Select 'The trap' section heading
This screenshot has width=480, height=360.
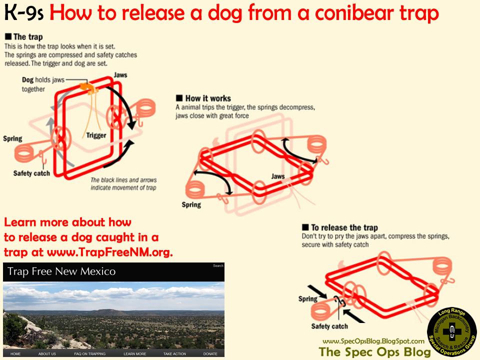click(x=27, y=37)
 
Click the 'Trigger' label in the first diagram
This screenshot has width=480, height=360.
click(x=96, y=135)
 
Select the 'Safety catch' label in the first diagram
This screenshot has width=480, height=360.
click(x=31, y=173)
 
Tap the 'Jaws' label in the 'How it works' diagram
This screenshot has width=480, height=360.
click(x=278, y=176)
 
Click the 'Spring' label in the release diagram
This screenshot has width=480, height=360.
click(x=307, y=299)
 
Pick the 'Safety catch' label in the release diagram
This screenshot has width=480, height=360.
click(x=329, y=326)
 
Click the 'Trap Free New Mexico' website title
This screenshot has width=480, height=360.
click(x=61, y=271)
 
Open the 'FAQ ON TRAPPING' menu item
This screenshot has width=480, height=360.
click(x=90, y=354)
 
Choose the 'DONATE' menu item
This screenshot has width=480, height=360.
click(x=210, y=354)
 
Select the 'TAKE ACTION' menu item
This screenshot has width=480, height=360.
click(x=174, y=354)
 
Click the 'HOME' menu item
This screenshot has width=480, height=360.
click(x=15, y=354)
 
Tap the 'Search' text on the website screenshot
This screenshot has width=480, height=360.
click(x=218, y=265)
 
